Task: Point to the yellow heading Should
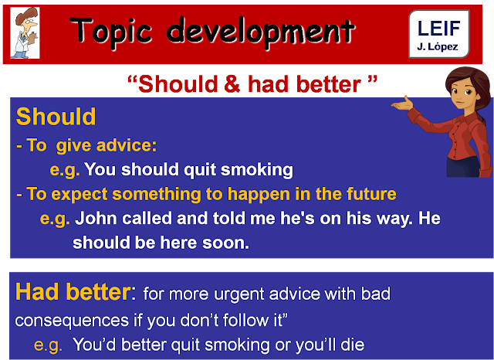[56, 117]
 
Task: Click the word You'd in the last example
[95, 345]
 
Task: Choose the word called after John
[157, 218]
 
